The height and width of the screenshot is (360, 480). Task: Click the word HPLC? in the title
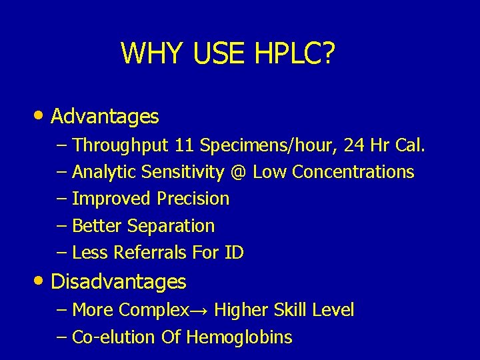[x=297, y=53]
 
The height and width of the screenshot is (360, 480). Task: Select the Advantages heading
[x=105, y=117]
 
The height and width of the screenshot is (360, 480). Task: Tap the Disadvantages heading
[x=119, y=282]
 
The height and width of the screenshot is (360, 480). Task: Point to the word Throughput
[x=121, y=145]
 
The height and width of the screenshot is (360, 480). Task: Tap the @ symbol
[x=239, y=172]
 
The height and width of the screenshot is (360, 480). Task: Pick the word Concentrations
[x=353, y=172]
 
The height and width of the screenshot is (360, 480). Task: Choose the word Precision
[x=193, y=199]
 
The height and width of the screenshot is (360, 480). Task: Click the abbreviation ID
[x=234, y=253]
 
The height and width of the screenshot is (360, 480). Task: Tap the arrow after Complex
[x=200, y=310]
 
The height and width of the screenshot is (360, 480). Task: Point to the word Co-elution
[x=114, y=337]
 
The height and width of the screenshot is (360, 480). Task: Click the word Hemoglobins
[x=239, y=337]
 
